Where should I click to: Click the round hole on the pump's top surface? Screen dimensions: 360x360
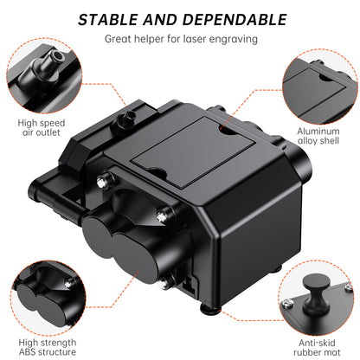(226, 131)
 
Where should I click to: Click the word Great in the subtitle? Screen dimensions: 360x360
(119, 38)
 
